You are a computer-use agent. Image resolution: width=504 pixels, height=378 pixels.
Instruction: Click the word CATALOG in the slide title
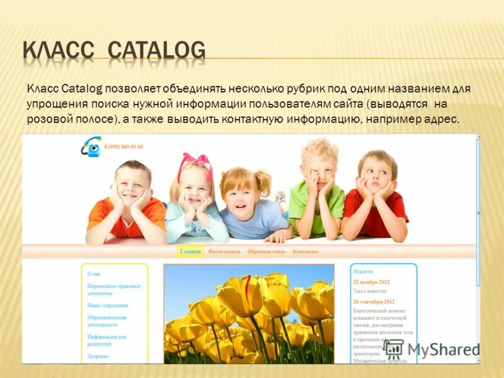pyautogui.click(x=157, y=50)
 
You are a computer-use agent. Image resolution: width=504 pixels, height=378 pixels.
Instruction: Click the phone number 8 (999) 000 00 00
pyautogui.click(x=123, y=147)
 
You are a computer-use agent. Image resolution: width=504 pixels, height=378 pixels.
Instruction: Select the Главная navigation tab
pyautogui.click(x=190, y=251)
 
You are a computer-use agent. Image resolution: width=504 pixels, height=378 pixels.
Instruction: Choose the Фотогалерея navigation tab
pyautogui.click(x=224, y=251)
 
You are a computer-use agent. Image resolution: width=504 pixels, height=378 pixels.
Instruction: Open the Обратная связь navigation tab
pyautogui.click(x=266, y=251)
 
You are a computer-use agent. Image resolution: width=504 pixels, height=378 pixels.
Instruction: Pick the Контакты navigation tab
pyautogui.click(x=306, y=251)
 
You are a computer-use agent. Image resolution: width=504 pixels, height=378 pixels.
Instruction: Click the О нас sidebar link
pyautogui.click(x=94, y=274)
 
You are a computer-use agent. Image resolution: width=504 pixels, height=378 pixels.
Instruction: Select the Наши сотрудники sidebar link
pyautogui.click(x=108, y=305)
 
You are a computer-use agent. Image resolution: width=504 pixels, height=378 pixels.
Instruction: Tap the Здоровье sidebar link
pyautogui.click(x=98, y=356)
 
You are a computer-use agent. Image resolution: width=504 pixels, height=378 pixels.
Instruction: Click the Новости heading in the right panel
pyautogui.click(x=364, y=271)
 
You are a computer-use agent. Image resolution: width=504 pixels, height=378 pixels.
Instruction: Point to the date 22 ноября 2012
pyautogui.click(x=372, y=282)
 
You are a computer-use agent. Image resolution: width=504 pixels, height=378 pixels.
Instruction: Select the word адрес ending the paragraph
pyautogui.click(x=442, y=120)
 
